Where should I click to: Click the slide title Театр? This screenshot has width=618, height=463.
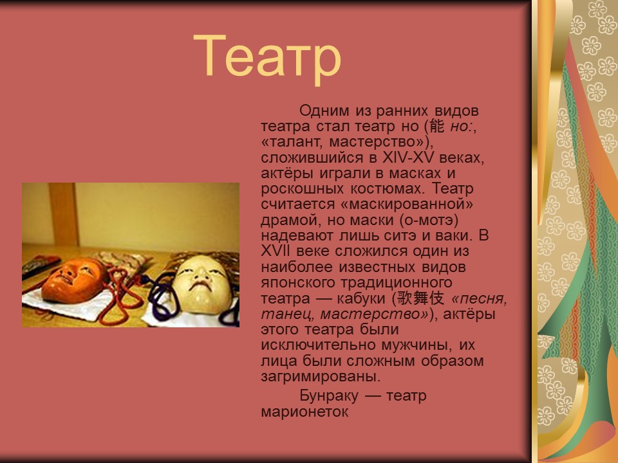(x=267, y=57)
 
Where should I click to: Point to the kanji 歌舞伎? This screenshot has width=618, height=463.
(x=420, y=298)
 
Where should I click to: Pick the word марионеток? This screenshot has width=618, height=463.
(x=304, y=412)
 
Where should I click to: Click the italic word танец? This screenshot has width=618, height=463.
(x=286, y=314)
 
